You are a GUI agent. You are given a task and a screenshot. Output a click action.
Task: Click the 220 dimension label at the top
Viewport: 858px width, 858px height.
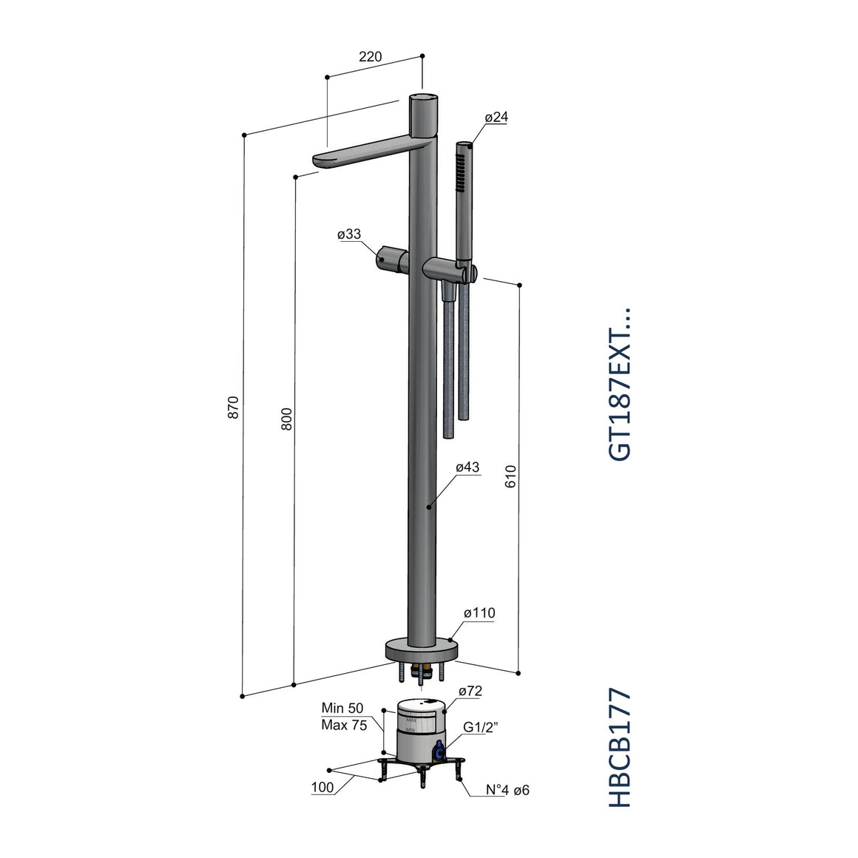371,56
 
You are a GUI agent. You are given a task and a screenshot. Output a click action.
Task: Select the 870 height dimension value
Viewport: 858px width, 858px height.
234,408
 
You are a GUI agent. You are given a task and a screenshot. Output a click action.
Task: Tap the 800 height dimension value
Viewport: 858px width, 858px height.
287,419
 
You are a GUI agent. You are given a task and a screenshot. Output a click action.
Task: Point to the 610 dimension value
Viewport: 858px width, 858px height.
510,476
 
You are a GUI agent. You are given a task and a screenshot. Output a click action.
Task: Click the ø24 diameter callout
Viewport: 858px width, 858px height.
496,117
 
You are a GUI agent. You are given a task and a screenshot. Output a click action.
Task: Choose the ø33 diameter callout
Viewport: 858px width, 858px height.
349,234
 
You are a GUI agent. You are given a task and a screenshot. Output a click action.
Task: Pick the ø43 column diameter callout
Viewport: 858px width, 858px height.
467,467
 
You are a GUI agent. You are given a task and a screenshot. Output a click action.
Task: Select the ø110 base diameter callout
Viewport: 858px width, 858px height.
479,613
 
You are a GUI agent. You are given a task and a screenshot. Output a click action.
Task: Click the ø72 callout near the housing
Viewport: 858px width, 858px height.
470,691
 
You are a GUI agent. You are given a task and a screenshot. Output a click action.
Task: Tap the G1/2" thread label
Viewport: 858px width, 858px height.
481,727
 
